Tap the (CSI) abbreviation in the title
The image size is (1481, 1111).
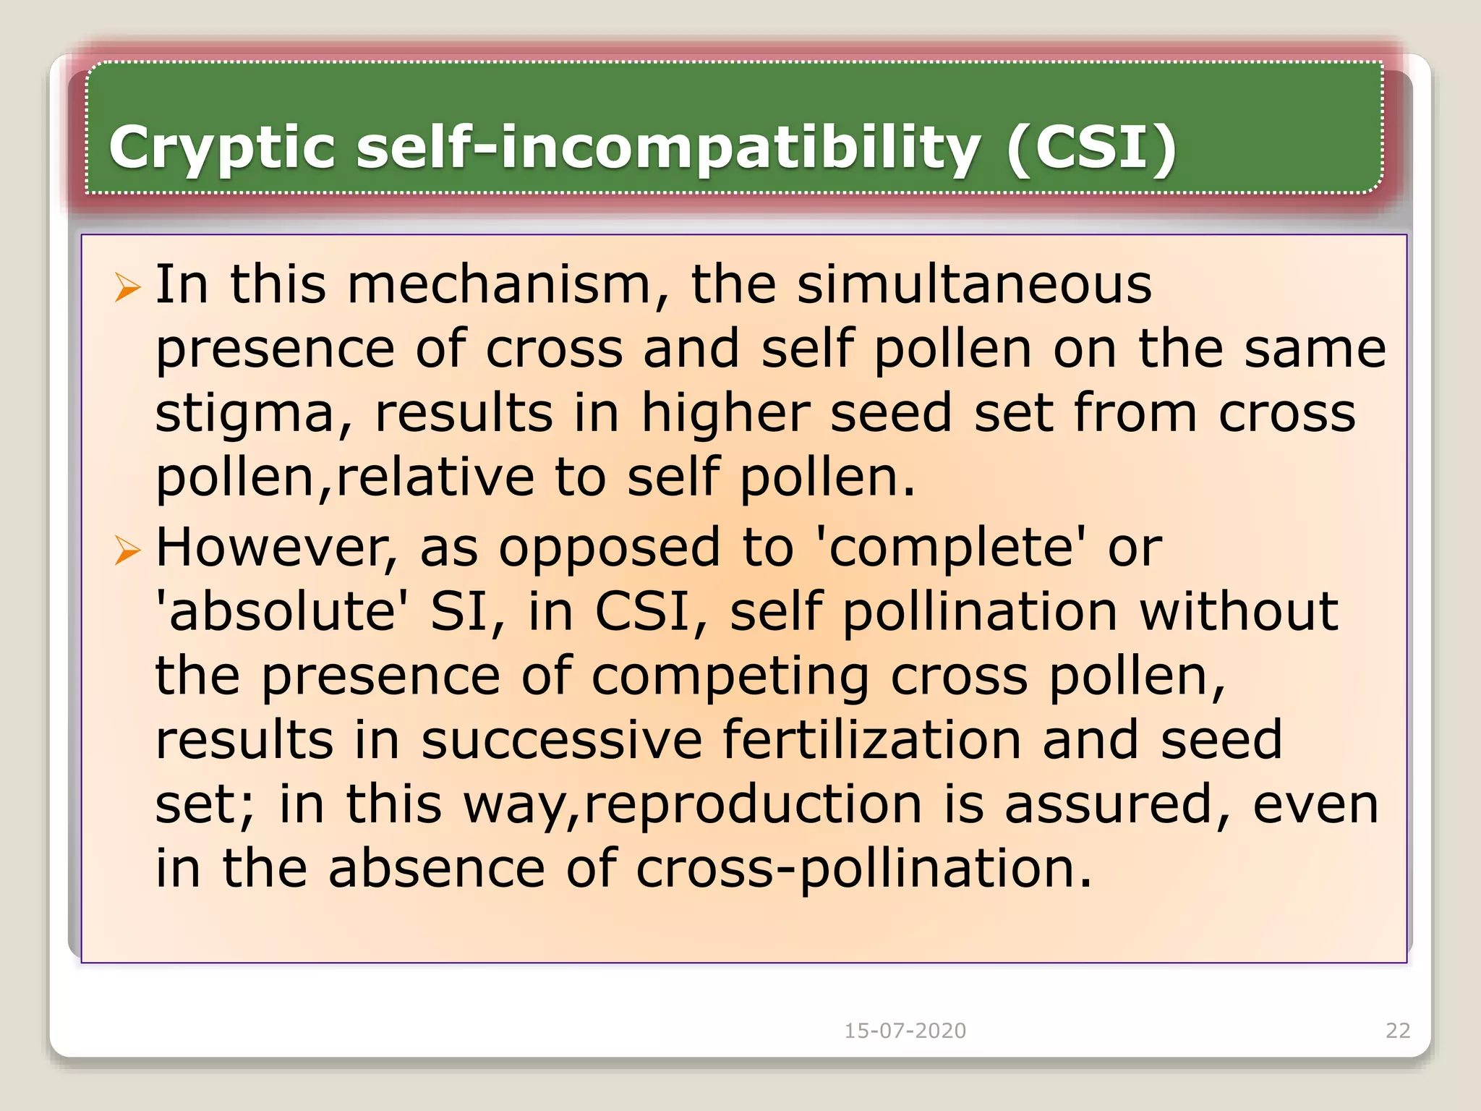(1091, 149)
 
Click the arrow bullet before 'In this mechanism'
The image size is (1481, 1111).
(127, 288)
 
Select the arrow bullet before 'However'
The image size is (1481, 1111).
(127, 551)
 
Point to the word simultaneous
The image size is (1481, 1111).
(974, 284)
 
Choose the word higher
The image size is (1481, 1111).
(725, 413)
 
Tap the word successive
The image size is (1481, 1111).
(562, 740)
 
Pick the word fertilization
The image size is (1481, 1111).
(872, 740)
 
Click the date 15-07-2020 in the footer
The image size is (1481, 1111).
(905, 1031)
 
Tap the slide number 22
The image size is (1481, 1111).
(1398, 1031)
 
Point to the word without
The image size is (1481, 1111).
(1239, 612)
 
